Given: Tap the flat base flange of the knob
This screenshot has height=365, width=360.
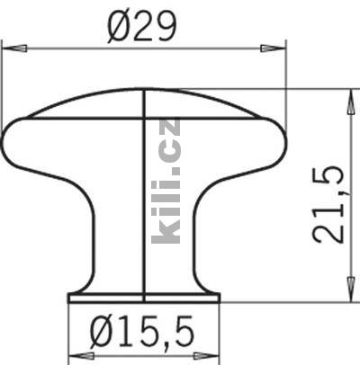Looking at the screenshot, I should point(144,296).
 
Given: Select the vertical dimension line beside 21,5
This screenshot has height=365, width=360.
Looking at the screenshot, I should point(347,198).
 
